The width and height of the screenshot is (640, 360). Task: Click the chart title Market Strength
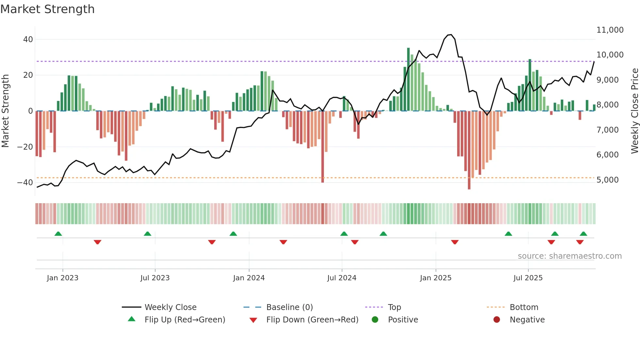pos(47,9)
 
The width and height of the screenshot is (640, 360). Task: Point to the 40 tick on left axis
pos(28,40)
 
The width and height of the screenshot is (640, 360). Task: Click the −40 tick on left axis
pos(25,183)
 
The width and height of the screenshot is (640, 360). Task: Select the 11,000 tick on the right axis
pos(610,30)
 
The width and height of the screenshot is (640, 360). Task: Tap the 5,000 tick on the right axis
pos(607,180)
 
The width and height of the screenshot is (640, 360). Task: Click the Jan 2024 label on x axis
pos(249,278)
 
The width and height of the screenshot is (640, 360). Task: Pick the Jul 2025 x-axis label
pos(528,278)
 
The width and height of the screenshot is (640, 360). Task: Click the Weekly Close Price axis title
pos(634,111)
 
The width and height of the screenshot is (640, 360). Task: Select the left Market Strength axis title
pos(5,111)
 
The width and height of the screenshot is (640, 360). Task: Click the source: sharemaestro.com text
pos(569,256)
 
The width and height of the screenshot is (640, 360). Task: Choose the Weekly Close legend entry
pos(170,307)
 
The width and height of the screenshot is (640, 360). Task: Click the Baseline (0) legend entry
pos(289,307)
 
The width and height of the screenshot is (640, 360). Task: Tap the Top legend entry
pos(394,307)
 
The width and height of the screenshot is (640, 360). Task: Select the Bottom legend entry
pos(524,307)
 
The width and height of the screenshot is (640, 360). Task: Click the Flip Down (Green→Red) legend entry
pos(312,320)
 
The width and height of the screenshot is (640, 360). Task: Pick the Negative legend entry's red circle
pos(497,320)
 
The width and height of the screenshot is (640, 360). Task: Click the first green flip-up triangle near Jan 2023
pos(58,234)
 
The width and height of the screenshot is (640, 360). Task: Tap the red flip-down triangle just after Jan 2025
pos(455,242)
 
